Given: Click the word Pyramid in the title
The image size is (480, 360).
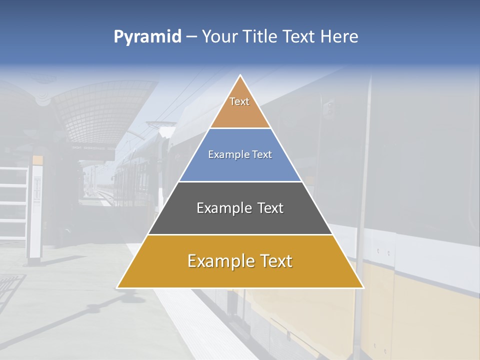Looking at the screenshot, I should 147,37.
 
